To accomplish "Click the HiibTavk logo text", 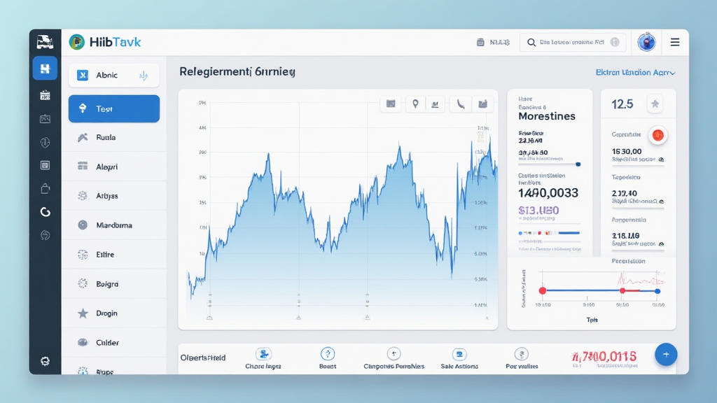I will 115,42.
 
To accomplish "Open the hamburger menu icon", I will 675,42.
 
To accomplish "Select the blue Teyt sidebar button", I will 114,108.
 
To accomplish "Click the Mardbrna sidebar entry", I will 113,225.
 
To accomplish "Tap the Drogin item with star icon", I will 106,313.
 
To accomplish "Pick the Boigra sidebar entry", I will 106,284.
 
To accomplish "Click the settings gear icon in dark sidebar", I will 46,361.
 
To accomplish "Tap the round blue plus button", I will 665,355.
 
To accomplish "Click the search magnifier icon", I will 532,43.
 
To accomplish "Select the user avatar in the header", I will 646,42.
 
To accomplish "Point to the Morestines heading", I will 547,116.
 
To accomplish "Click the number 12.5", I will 622,104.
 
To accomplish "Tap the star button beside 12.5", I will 655,104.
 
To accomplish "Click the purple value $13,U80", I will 538,210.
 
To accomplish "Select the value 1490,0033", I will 548,192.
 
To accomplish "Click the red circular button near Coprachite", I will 657,135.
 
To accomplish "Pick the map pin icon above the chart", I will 415,104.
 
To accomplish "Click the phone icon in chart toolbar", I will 460,104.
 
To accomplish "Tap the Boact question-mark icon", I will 328,354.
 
